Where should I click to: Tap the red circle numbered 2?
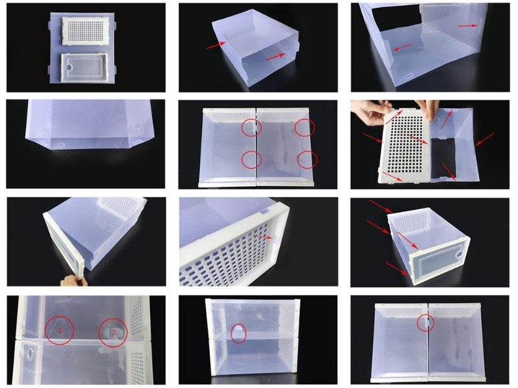point(113,332)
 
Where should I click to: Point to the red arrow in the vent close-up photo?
point(264,239)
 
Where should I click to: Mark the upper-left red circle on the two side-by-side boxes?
point(253,127)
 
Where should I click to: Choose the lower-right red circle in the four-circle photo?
point(307,159)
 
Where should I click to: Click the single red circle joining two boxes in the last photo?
point(425,323)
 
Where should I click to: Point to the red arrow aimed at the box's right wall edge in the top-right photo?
point(466,25)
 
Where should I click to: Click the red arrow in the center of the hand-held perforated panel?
point(416,138)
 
